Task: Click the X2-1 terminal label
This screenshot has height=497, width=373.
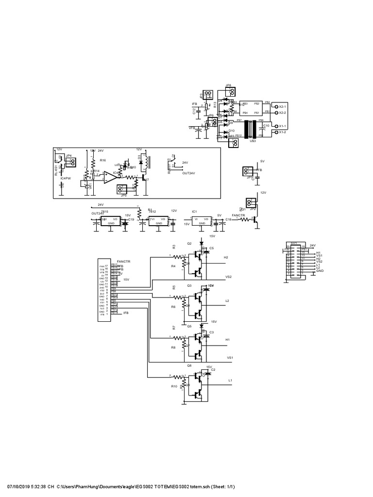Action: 282,106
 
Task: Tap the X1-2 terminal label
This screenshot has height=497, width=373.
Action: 282,132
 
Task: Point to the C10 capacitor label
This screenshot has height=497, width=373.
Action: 266,126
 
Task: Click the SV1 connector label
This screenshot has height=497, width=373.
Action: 293,243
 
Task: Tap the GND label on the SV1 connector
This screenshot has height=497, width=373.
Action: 319,271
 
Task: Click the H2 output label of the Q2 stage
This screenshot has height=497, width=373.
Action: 226,257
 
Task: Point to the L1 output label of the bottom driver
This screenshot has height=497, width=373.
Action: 230,381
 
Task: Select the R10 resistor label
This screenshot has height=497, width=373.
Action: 174,386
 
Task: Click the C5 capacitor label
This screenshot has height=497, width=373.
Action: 211,248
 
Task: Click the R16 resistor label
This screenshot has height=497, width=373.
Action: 102,160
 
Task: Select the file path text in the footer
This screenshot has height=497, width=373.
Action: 146,486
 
